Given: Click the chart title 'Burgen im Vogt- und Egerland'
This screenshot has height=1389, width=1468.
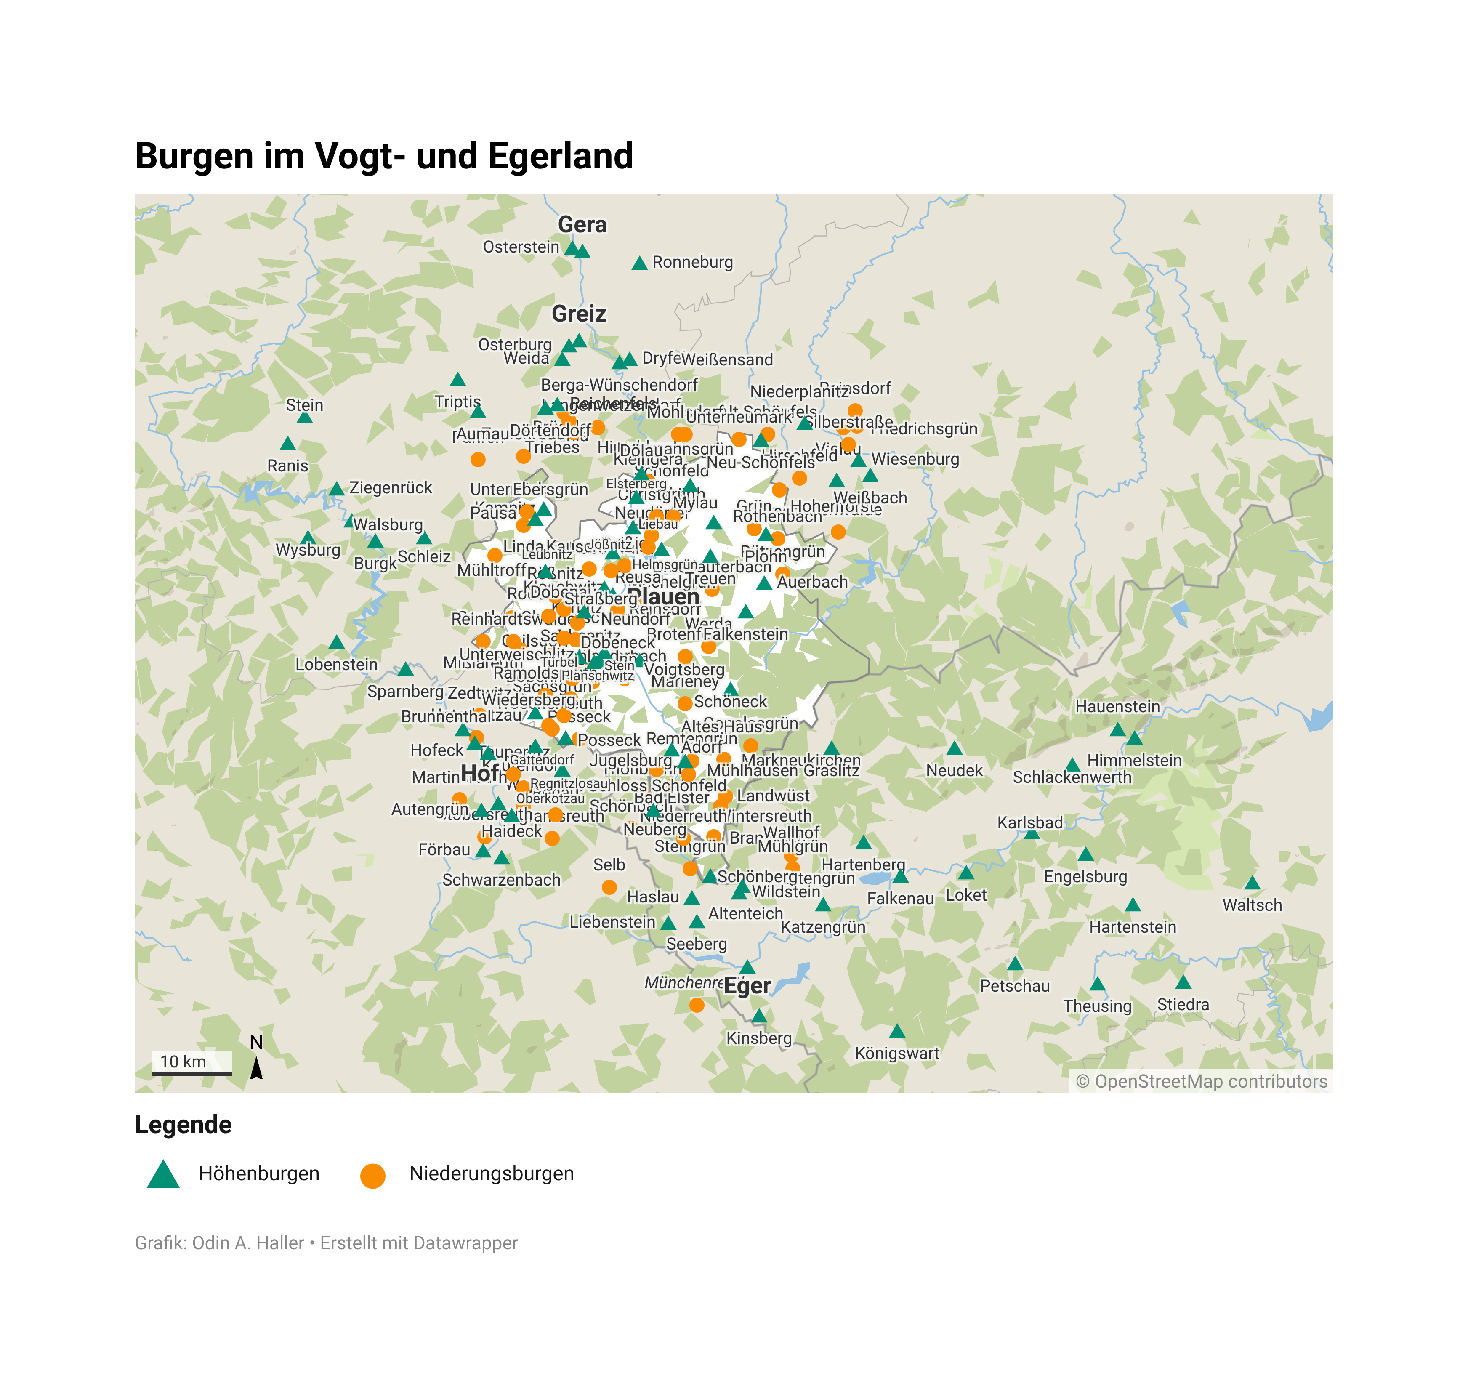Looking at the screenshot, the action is click(x=383, y=156).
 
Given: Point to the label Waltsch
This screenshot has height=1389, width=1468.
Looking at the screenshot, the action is click(x=1251, y=905).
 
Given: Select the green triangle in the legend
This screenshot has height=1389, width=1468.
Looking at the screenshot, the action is click(x=164, y=1174).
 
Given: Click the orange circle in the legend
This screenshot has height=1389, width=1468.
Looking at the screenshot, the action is click(x=372, y=1176).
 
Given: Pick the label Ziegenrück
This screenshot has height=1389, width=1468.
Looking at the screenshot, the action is click(x=390, y=488).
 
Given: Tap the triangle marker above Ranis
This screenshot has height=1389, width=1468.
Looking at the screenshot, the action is click(x=288, y=444).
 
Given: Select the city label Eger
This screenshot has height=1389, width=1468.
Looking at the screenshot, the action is click(x=747, y=986).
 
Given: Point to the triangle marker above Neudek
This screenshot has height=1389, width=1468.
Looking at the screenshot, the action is click(x=954, y=748).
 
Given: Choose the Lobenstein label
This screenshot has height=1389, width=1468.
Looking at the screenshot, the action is click(x=336, y=664).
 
